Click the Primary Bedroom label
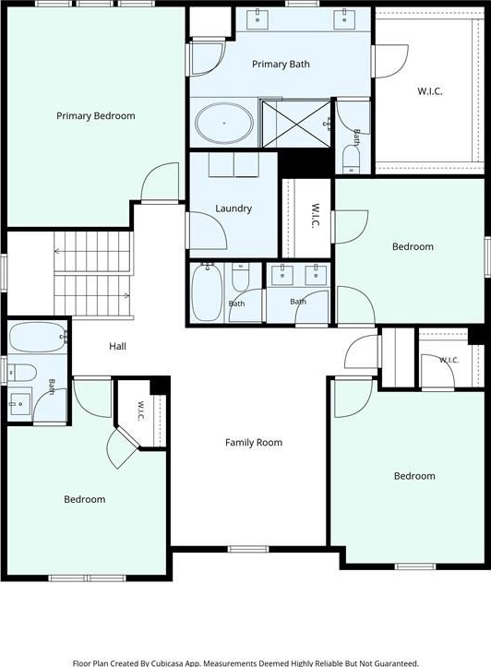(96, 115)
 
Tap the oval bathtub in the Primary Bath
(224, 123)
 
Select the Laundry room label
(234, 208)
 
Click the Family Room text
(254, 443)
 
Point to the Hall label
(117, 346)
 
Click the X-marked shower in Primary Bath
(296, 124)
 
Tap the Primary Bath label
(281, 65)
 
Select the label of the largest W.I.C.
(430, 91)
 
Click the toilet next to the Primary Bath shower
(351, 159)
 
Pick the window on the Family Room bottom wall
(248, 549)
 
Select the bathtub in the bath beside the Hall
(38, 338)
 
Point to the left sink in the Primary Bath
(257, 20)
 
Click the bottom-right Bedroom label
(414, 476)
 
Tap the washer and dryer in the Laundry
(234, 164)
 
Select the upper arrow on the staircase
(57, 252)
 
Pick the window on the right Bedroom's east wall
(488, 257)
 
